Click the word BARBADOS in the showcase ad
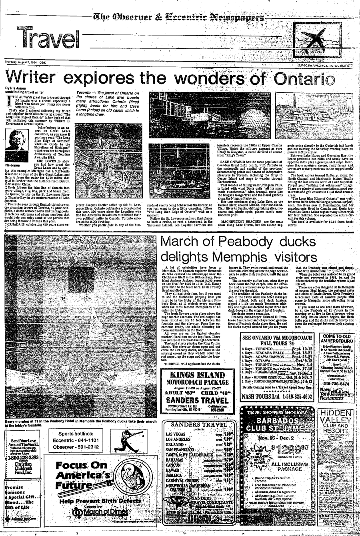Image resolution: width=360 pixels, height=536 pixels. (278, 421)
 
